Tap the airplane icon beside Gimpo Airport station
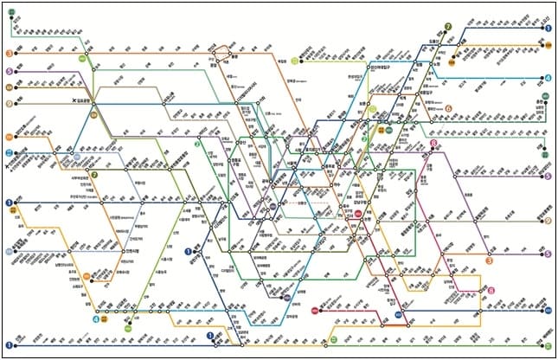[x=75, y=102]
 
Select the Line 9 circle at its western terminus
[x=10, y=103]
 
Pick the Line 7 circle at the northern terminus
[x=448, y=27]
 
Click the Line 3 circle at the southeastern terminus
[x=489, y=260]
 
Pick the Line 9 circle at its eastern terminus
[x=548, y=221]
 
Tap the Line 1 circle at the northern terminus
[x=548, y=29]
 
